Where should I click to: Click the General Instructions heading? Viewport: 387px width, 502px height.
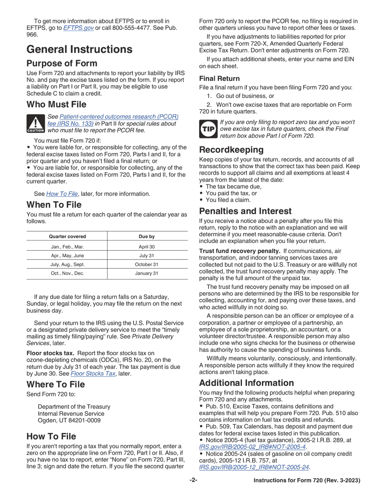coord(79,49)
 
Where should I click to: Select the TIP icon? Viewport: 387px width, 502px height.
coord(208,129)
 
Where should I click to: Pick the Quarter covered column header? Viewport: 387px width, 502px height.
coord(67,236)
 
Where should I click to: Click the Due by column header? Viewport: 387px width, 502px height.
coord(147,236)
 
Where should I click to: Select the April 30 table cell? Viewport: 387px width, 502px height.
coord(147,247)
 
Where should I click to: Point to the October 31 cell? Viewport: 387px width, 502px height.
coord(147,264)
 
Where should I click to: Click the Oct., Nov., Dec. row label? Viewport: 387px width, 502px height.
coord(67,273)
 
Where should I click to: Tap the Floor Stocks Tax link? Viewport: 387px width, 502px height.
coord(93,373)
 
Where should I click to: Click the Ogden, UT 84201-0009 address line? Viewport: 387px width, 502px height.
coord(69,420)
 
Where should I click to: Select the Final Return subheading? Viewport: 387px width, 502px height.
coord(219,78)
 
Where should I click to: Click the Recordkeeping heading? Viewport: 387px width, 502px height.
coord(231,150)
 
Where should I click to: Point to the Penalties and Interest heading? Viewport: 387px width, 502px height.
coord(245,211)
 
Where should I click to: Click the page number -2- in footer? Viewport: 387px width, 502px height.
coord(193,480)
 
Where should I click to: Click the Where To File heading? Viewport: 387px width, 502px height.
coord(56,384)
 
